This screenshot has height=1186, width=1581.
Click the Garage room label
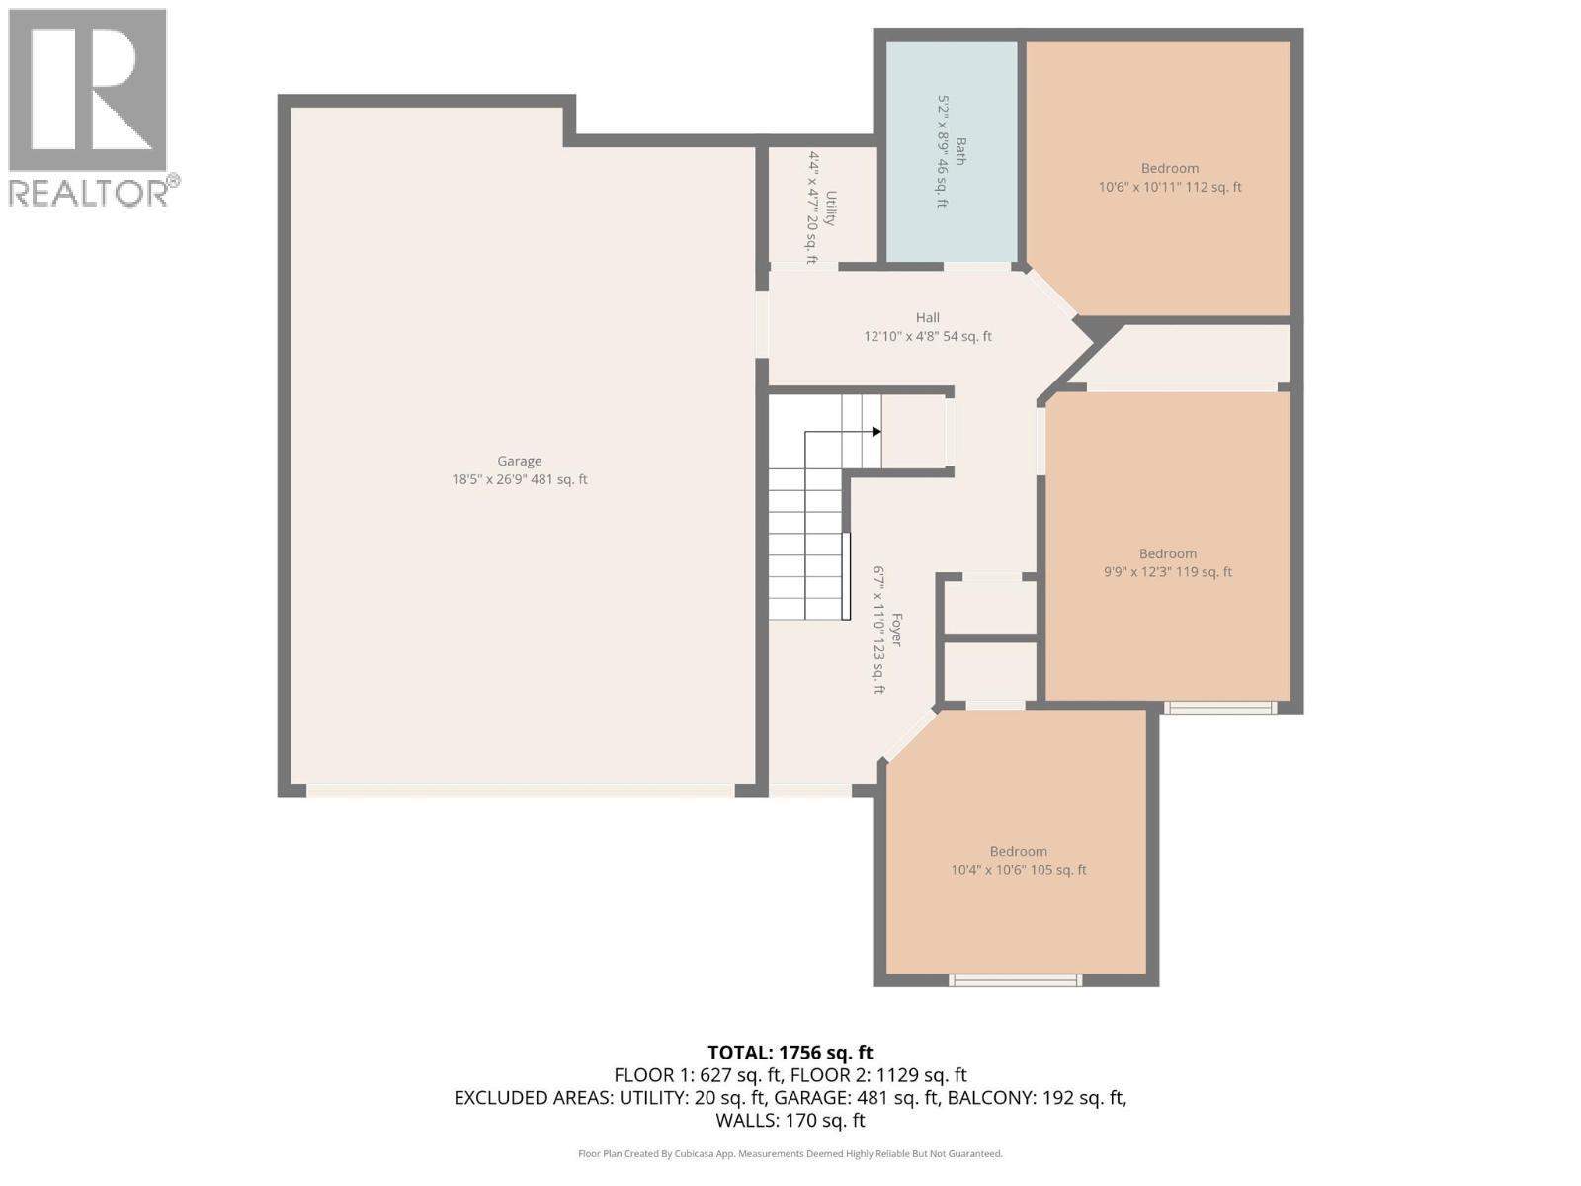pos(519,461)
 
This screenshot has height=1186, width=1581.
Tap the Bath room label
pos(960,151)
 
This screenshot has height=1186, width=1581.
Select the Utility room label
pos(831,208)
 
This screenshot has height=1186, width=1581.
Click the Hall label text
pos(927,317)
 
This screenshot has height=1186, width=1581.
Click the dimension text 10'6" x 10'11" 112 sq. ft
pos(1169,187)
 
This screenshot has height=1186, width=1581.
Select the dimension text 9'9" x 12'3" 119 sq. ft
pos(1167,572)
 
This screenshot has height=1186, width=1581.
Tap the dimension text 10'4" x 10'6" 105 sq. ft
pos(1018,870)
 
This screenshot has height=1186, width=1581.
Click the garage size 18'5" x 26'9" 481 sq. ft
pos(519,480)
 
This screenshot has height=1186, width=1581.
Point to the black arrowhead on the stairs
pos(876,432)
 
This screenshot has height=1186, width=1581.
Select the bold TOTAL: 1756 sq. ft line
pos(790,1053)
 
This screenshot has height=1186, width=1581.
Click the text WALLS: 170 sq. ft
pos(790,1121)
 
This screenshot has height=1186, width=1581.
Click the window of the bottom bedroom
pos(1015,980)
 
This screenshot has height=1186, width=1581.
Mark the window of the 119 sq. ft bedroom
pos(1218,707)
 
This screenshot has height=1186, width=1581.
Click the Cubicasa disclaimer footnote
pos(790,1153)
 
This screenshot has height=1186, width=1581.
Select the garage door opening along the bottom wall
pos(520,791)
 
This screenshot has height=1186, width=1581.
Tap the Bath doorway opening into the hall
pos(976,266)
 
